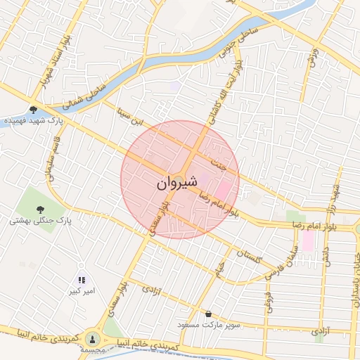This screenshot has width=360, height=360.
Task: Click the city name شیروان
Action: (171, 184)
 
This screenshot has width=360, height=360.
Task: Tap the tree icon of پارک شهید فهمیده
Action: (34, 110)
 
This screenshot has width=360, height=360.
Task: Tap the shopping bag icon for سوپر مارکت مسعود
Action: (207, 314)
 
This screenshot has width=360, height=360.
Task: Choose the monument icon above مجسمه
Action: (93, 338)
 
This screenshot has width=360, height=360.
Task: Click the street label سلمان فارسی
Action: (285, 261)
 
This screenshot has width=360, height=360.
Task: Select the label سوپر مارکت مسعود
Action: (231, 324)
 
